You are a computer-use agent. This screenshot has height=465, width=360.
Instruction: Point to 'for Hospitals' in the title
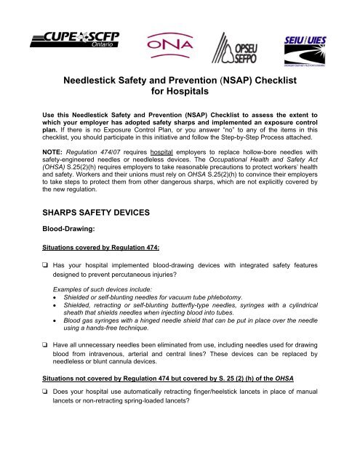point(180,93)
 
